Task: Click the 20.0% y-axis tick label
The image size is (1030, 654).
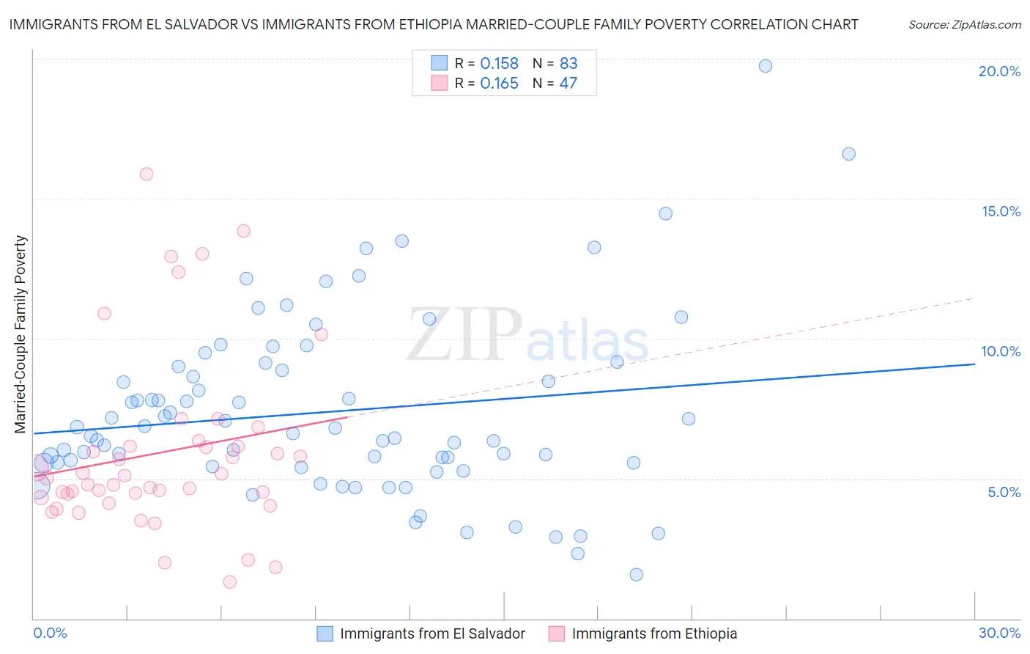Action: pyautogui.click(x=999, y=71)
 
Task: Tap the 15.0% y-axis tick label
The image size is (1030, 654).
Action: pyautogui.click(x=1001, y=211)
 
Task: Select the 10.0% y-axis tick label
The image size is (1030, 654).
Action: pyautogui.click(x=1001, y=351)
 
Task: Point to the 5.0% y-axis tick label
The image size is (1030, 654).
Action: pyautogui.click(x=1004, y=492)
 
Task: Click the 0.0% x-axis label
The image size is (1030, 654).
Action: pyautogui.click(x=50, y=633)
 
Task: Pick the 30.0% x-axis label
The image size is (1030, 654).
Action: pyautogui.click(x=999, y=633)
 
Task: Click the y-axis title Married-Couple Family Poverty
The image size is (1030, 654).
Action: pyautogui.click(x=21, y=334)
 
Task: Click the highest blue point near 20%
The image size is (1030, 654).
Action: pyautogui.click(x=766, y=66)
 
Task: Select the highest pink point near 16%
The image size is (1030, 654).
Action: pyautogui.click(x=147, y=174)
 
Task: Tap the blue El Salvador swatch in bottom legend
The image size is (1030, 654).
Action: pyautogui.click(x=325, y=633)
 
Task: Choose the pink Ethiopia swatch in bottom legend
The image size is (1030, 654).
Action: pyautogui.click(x=557, y=633)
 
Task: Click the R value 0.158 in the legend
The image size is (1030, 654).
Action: pyautogui.click(x=499, y=64)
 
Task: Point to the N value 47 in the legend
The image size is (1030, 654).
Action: pyautogui.click(x=568, y=84)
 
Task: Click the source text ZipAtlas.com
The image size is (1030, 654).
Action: pyautogui.click(x=964, y=25)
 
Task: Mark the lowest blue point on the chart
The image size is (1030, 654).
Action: pyautogui.click(x=637, y=575)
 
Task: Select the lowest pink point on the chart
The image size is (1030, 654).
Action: pyautogui.click(x=230, y=582)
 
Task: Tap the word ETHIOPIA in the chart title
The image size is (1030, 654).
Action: pyautogui.click(x=435, y=24)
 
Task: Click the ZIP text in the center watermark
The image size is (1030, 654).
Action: pyautogui.click(x=464, y=335)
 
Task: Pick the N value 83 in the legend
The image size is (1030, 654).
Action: pyautogui.click(x=568, y=64)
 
